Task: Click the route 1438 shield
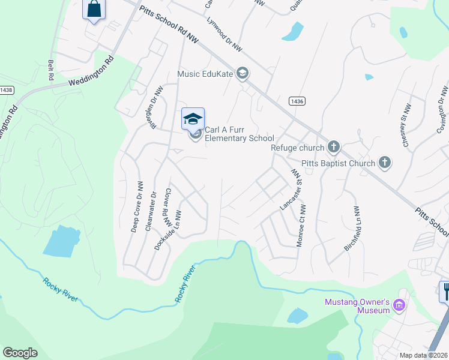tap(6, 90)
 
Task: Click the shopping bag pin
tap(94, 10)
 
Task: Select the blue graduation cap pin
tap(193, 119)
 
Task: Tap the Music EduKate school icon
tap(243, 74)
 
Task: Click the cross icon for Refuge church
tap(333, 147)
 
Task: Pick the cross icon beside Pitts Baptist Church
tap(385, 163)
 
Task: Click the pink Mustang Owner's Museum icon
tap(399, 307)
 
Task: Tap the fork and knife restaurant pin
tap(445, 292)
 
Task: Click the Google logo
tap(20, 353)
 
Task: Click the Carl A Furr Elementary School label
tap(239, 134)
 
